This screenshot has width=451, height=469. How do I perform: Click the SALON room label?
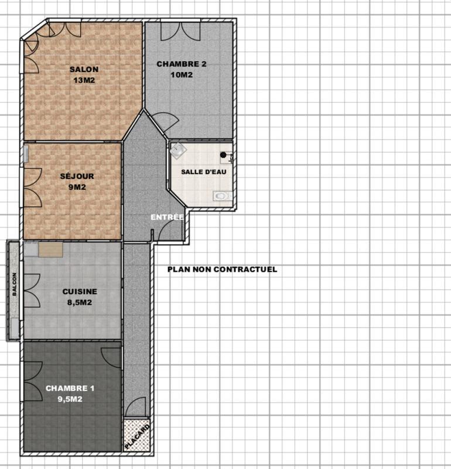[x=84, y=69]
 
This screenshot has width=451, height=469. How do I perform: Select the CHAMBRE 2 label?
[x=182, y=64]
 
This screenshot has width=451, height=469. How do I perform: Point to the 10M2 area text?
[x=182, y=75]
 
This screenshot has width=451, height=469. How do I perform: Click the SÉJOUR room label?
[x=77, y=176]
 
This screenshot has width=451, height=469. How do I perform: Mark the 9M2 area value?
[x=77, y=188]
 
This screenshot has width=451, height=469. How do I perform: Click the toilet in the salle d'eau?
[x=221, y=195]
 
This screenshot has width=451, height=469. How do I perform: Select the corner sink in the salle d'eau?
[x=177, y=151]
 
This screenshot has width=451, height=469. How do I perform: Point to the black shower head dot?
[x=223, y=155]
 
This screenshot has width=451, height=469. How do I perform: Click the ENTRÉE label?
[x=168, y=217]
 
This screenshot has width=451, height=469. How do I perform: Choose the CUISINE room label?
[x=80, y=291]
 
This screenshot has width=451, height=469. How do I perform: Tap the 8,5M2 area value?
[x=80, y=303]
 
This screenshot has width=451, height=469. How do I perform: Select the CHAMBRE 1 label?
[x=70, y=388]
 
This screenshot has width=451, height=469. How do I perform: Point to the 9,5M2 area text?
[x=70, y=399]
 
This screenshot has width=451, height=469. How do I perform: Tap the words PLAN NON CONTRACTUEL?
[x=222, y=270]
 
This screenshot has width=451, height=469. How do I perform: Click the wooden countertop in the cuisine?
[x=51, y=250]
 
